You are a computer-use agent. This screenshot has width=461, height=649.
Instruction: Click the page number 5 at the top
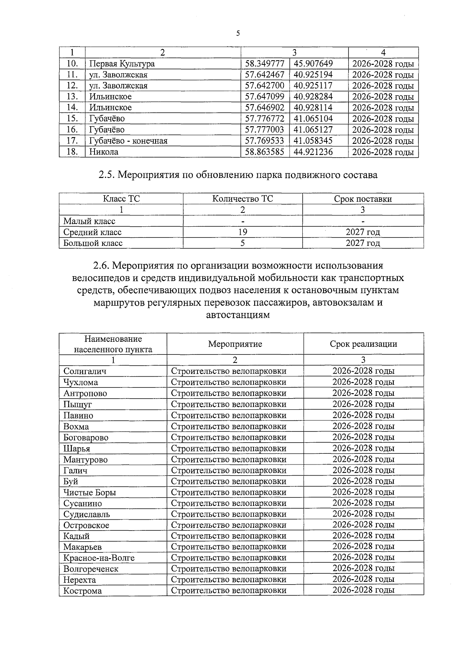coord(238,33)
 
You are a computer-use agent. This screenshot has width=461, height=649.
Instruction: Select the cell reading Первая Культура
coord(122,64)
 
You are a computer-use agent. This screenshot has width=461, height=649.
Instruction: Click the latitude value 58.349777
coord(265,64)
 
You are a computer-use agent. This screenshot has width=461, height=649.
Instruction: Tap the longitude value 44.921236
coord(313,152)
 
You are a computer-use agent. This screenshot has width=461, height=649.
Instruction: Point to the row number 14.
coord(72,107)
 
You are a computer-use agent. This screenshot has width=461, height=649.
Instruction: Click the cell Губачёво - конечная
coord(128,141)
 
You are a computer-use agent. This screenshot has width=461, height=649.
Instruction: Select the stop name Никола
coord(104,152)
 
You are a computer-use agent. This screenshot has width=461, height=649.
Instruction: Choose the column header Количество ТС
coord(242,199)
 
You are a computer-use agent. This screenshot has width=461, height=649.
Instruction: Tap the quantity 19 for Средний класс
coord(242,232)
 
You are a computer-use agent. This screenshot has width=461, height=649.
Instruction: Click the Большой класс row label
coord(93,243)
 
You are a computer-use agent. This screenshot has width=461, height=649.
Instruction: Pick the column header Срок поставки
coord(363,199)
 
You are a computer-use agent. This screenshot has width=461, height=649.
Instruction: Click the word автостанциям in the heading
coord(238,315)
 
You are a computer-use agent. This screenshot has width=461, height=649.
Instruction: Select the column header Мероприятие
coord(235,344)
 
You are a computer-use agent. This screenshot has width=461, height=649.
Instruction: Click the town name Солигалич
coord(85,371)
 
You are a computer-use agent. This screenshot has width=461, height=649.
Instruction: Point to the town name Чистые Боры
coord(90,493)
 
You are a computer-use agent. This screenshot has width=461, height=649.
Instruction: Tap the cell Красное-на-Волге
coord(99,558)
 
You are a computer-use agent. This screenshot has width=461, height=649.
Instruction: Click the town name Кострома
coord(83,591)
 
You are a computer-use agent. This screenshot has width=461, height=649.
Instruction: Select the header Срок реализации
coord(363,344)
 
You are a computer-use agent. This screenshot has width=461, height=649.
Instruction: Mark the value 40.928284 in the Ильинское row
coord(313,97)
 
